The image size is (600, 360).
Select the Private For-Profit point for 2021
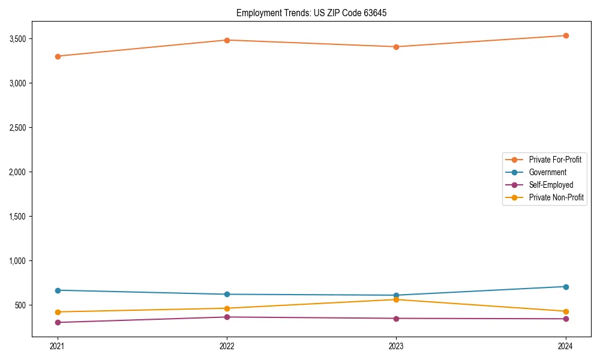coord(58,56)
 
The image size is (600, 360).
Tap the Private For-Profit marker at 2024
coord(566,35)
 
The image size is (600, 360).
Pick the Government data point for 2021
coord(58,290)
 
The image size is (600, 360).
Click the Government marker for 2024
coord(566,287)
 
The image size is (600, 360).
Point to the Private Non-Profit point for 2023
coord(396,299)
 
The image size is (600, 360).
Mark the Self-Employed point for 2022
coord(227,317)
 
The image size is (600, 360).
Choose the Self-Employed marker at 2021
coord(58,323)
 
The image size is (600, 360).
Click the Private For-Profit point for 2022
coord(227,40)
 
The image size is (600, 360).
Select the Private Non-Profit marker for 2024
coord(566,311)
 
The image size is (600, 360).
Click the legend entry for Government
coord(547,172)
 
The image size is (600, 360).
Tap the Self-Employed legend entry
coord(551,185)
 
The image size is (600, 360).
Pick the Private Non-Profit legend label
coord(556,197)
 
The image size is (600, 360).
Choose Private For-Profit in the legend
coord(555,160)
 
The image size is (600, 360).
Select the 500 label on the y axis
coord(21,305)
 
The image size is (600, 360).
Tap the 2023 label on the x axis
coord(396,346)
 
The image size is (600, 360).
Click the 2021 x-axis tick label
coord(58,346)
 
